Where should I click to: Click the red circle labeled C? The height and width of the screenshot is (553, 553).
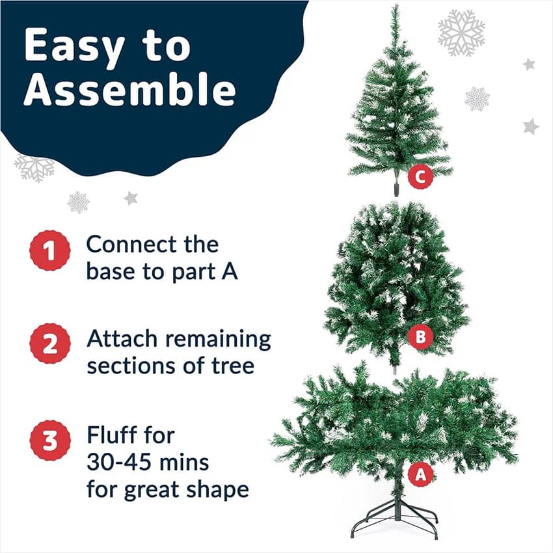tap(420, 177)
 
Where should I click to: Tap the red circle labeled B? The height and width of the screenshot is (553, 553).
tap(420, 336)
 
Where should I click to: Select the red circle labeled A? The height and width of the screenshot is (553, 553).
tap(420, 474)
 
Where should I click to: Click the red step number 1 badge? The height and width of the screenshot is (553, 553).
tap(49, 250)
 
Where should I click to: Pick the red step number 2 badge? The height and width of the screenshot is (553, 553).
tap(49, 344)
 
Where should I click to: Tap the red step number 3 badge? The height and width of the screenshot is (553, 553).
tap(49, 440)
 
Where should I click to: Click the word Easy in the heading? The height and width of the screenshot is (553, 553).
tap(74, 46)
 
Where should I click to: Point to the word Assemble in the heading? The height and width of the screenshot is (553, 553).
tap(129, 88)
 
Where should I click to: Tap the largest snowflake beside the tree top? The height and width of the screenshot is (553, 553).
tap(461, 33)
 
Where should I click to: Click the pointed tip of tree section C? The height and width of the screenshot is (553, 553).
tap(398, 5)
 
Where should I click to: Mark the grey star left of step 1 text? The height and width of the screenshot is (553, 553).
tap(131, 198)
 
